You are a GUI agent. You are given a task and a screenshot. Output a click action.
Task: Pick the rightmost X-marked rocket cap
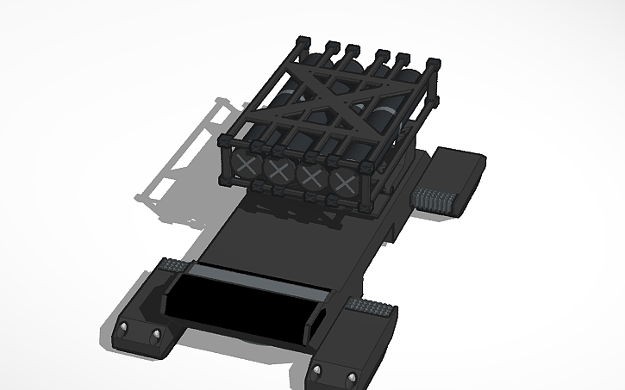(x=346, y=183)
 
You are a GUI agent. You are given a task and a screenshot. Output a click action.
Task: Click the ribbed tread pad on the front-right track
(x=373, y=306)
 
